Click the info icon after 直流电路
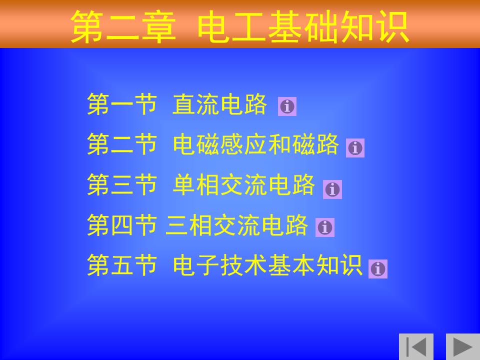[x=287, y=106]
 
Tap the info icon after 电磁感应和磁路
[x=355, y=148]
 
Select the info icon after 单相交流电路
[x=332, y=189]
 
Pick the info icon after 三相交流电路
[x=325, y=227]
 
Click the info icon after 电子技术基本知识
[x=378, y=269]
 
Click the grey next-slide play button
[x=463, y=346]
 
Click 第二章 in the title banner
[x=123, y=26]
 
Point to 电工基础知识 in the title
[x=303, y=26]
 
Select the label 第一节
[x=122, y=104]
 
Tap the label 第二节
[x=122, y=144]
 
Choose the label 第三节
[x=122, y=184]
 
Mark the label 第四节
[x=122, y=225]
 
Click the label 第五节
[x=122, y=265]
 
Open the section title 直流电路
[x=219, y=104]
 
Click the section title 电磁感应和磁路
[x=255, y=144]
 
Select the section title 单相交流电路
[x=243, y=184]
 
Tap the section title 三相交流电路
[x=236, y=225]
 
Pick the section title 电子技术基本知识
[x=267, y=265]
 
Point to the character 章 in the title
[x=159, y=26]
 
